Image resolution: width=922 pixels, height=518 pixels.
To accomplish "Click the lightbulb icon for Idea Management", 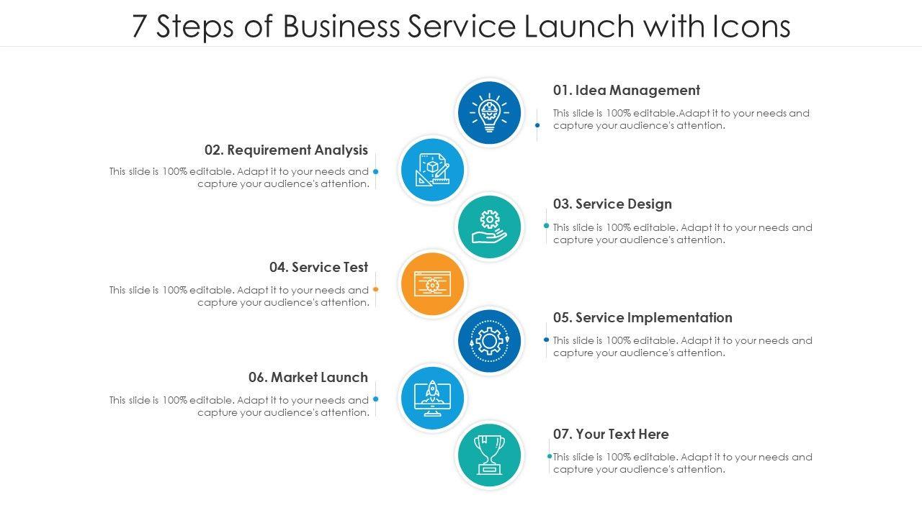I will coord(489,112).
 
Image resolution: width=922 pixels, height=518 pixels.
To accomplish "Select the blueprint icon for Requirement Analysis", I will coord(432,171).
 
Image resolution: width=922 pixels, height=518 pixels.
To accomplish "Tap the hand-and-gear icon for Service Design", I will coord(489,227).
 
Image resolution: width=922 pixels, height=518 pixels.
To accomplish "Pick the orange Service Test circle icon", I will coord(432,283).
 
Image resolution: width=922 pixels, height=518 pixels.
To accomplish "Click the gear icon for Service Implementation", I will coord(489,340).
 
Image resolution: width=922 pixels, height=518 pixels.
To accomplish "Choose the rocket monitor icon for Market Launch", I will coord(432,397).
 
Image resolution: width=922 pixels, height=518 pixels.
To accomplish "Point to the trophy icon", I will coord(489,455).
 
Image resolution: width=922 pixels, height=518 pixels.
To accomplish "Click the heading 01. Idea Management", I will coord(626,91).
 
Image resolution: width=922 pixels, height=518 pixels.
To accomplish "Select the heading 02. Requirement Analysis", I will coord(286,150).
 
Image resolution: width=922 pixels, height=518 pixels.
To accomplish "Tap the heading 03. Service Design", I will coord(612,204).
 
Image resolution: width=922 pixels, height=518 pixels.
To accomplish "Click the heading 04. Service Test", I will coord(318,268).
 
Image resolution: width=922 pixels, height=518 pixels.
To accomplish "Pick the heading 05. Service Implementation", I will coord(643,318).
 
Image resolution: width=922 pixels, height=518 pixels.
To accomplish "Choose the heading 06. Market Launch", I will coord(308,378).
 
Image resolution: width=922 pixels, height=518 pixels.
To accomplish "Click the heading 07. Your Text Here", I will coord(611,435).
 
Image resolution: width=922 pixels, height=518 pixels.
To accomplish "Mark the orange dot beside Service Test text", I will coord(376,289).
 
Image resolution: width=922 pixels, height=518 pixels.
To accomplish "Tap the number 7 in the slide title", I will coord(140,27).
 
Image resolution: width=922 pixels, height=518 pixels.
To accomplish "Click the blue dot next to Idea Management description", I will coord(537,125).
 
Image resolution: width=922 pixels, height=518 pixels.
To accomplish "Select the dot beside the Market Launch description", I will coord(376,399).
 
